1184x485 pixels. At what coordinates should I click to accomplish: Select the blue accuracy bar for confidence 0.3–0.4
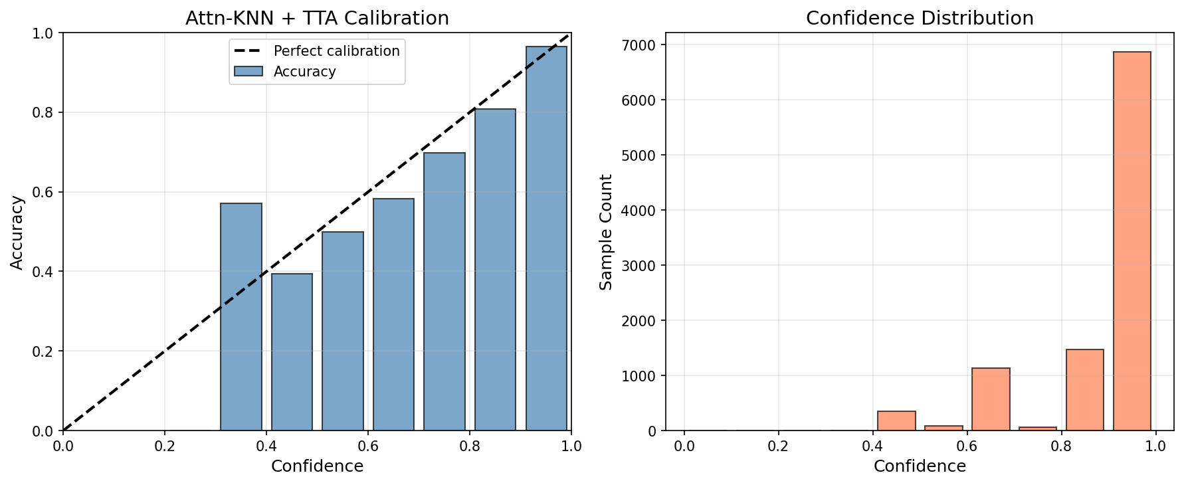coord(241,317)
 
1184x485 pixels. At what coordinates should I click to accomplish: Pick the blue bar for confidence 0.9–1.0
coord(546,239)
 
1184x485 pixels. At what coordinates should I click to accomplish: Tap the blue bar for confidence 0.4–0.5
coord(292,352)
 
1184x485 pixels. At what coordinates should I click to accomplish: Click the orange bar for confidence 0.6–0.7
coord(991,399)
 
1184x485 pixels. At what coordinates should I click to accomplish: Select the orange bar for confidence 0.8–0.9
coord(1084,390)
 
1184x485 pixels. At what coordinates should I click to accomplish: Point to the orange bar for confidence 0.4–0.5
coord(896,421)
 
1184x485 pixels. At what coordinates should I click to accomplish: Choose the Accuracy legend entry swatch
coord(248,72)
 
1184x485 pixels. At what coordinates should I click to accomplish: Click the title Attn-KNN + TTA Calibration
coord(317,19)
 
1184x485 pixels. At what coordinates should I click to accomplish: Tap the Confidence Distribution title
coord(920,19)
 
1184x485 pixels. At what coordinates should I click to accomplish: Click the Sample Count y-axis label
coord(606,232)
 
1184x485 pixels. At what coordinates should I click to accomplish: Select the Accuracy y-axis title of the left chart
coord(17,232)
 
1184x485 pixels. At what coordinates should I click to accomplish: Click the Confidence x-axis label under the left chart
coord(317,466)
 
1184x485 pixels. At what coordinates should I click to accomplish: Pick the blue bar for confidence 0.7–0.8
coord(444,292)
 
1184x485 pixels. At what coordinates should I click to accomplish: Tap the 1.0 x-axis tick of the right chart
coord(1156,446)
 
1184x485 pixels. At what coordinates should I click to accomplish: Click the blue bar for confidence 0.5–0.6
coord(343,331)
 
